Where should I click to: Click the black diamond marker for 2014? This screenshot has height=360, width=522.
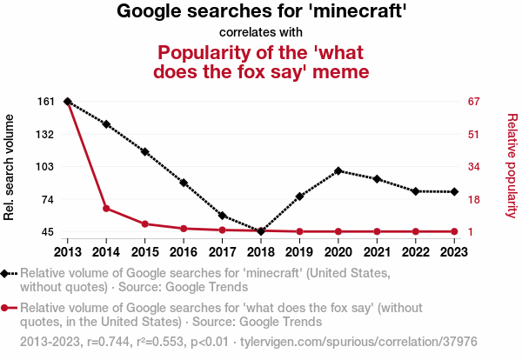[x=106, y=124]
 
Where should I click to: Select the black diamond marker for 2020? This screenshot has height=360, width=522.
[x=338, y=171]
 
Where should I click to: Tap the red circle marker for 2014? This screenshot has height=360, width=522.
[x=106, y=209]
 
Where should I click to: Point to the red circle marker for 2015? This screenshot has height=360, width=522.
[x=144, y=224]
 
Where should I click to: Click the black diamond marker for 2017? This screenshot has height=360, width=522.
[x=222, y=216]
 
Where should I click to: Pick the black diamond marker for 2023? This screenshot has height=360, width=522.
[x=454, y=191]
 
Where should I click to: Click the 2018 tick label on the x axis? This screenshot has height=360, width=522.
[x=261, y=251]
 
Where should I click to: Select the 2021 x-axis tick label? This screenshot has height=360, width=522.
[x=377, y=251]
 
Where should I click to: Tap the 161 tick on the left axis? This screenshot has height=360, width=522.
[x=46, y=102]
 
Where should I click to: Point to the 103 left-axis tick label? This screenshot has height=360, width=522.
[x=46, y=167]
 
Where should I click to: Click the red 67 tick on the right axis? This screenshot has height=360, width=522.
[x=474, y=102]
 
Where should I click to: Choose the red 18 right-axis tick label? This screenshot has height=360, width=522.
[x=474, y=199]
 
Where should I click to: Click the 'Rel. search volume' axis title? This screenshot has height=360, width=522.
[x=10, y=167]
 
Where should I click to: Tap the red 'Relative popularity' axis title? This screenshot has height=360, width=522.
[x=512, y=167]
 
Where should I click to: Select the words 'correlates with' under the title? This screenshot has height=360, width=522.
[x=261, y=33]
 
